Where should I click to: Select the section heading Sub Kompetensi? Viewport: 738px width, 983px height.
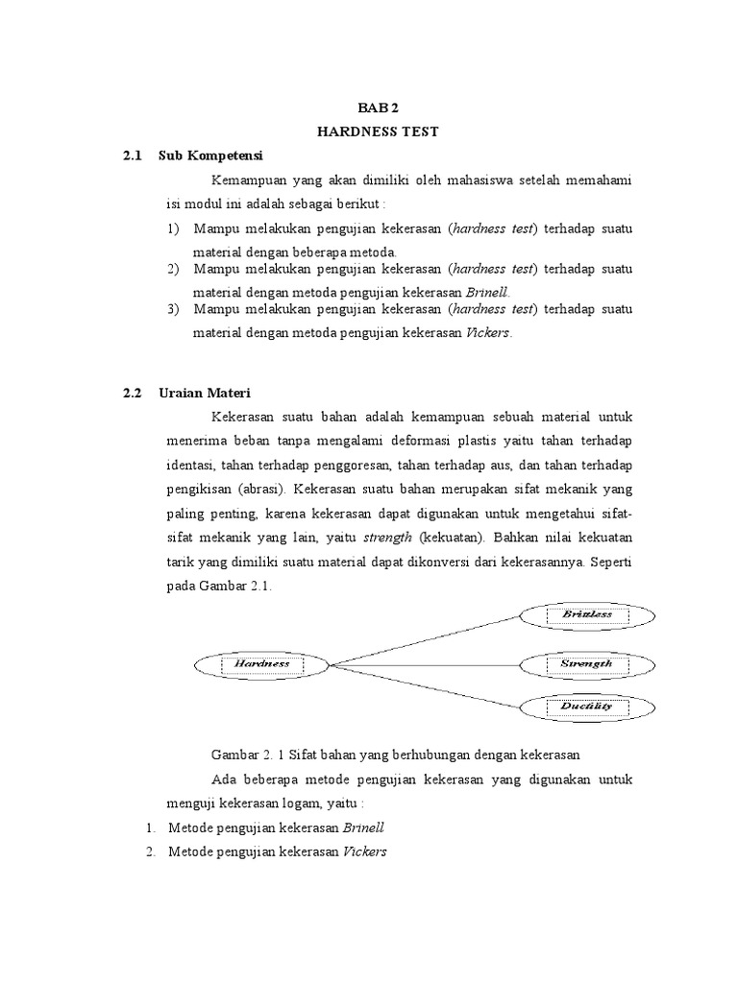[210, 156]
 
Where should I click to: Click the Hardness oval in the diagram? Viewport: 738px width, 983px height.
[261, 663]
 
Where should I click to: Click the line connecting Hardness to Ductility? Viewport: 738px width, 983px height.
[423, 685]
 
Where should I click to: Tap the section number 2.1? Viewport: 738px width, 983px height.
[133, 156]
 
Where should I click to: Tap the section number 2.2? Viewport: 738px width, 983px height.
[133, 393]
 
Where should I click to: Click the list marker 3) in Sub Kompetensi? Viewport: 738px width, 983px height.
[173, 309]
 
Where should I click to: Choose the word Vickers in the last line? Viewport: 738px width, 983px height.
[364, 851]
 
